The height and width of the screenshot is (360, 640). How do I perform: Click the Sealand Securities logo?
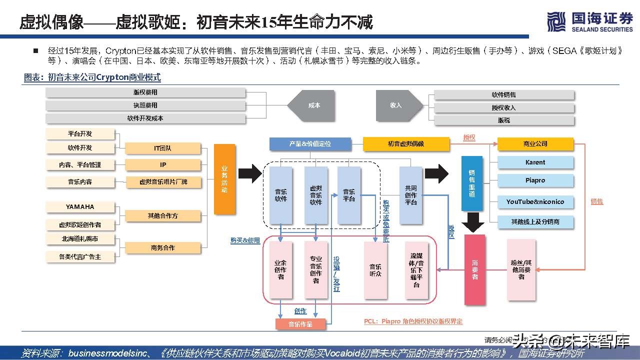(x=589, y=22)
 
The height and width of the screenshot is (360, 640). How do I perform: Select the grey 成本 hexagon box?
(x=313, y=105)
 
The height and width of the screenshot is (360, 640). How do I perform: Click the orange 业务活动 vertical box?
(x=224, y=179)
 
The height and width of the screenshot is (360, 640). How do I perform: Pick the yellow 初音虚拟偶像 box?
(x=405, y=144)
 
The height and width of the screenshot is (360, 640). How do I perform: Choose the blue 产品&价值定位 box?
(x=309, y=144)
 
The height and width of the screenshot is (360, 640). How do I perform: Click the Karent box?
(x=535, y=162)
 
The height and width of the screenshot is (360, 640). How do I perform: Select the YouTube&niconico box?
(x=535, y=202)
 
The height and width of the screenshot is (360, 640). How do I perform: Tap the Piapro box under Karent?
(x=535, y=180)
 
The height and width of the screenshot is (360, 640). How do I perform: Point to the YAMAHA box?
(x=80, y=207)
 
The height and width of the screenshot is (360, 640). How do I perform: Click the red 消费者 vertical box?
(x=474, y=269)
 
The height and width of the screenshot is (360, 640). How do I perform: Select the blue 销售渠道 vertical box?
(x=472, y=183)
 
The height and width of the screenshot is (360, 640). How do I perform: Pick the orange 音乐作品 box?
(x=300, y=324)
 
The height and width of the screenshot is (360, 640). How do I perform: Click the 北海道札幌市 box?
(x=80, y=239)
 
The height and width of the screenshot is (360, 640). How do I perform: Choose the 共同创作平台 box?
(x=411, y=195)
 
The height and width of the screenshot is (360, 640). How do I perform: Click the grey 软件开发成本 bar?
(x=145, y=119)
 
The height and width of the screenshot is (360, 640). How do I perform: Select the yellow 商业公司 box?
(x=535, y=144)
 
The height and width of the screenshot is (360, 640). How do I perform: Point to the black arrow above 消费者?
(x=472, y=222)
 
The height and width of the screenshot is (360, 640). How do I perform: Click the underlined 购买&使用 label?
(x=245, y=240)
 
